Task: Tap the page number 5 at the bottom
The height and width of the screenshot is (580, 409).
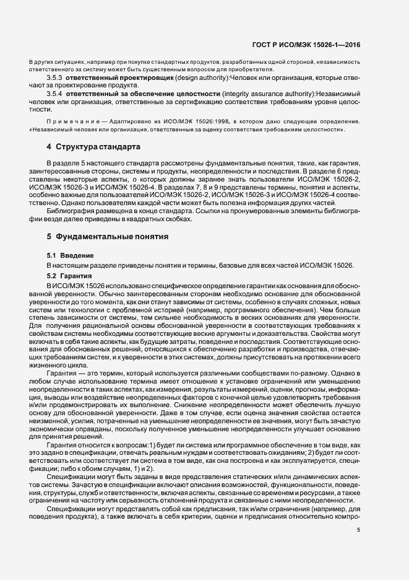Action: click(x=358, y=529)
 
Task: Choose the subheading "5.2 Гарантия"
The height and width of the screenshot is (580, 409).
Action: click(x=70, y=275)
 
